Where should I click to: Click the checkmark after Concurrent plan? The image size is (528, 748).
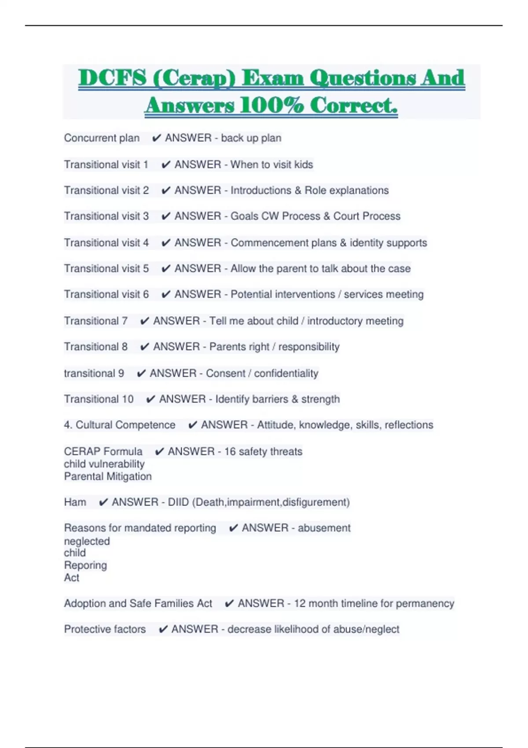coord(156,138)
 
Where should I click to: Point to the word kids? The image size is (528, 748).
coord(304,165)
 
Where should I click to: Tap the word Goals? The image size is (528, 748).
coord(244,216)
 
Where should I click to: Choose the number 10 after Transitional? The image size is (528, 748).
coord(128,399)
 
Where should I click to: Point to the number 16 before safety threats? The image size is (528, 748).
coord(230,451)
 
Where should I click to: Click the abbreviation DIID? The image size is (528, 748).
coord(178,502)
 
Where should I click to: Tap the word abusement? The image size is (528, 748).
coord(324,528)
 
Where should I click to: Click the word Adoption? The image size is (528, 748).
coord(84,603)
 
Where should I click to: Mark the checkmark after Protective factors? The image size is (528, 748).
coord(163,630)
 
